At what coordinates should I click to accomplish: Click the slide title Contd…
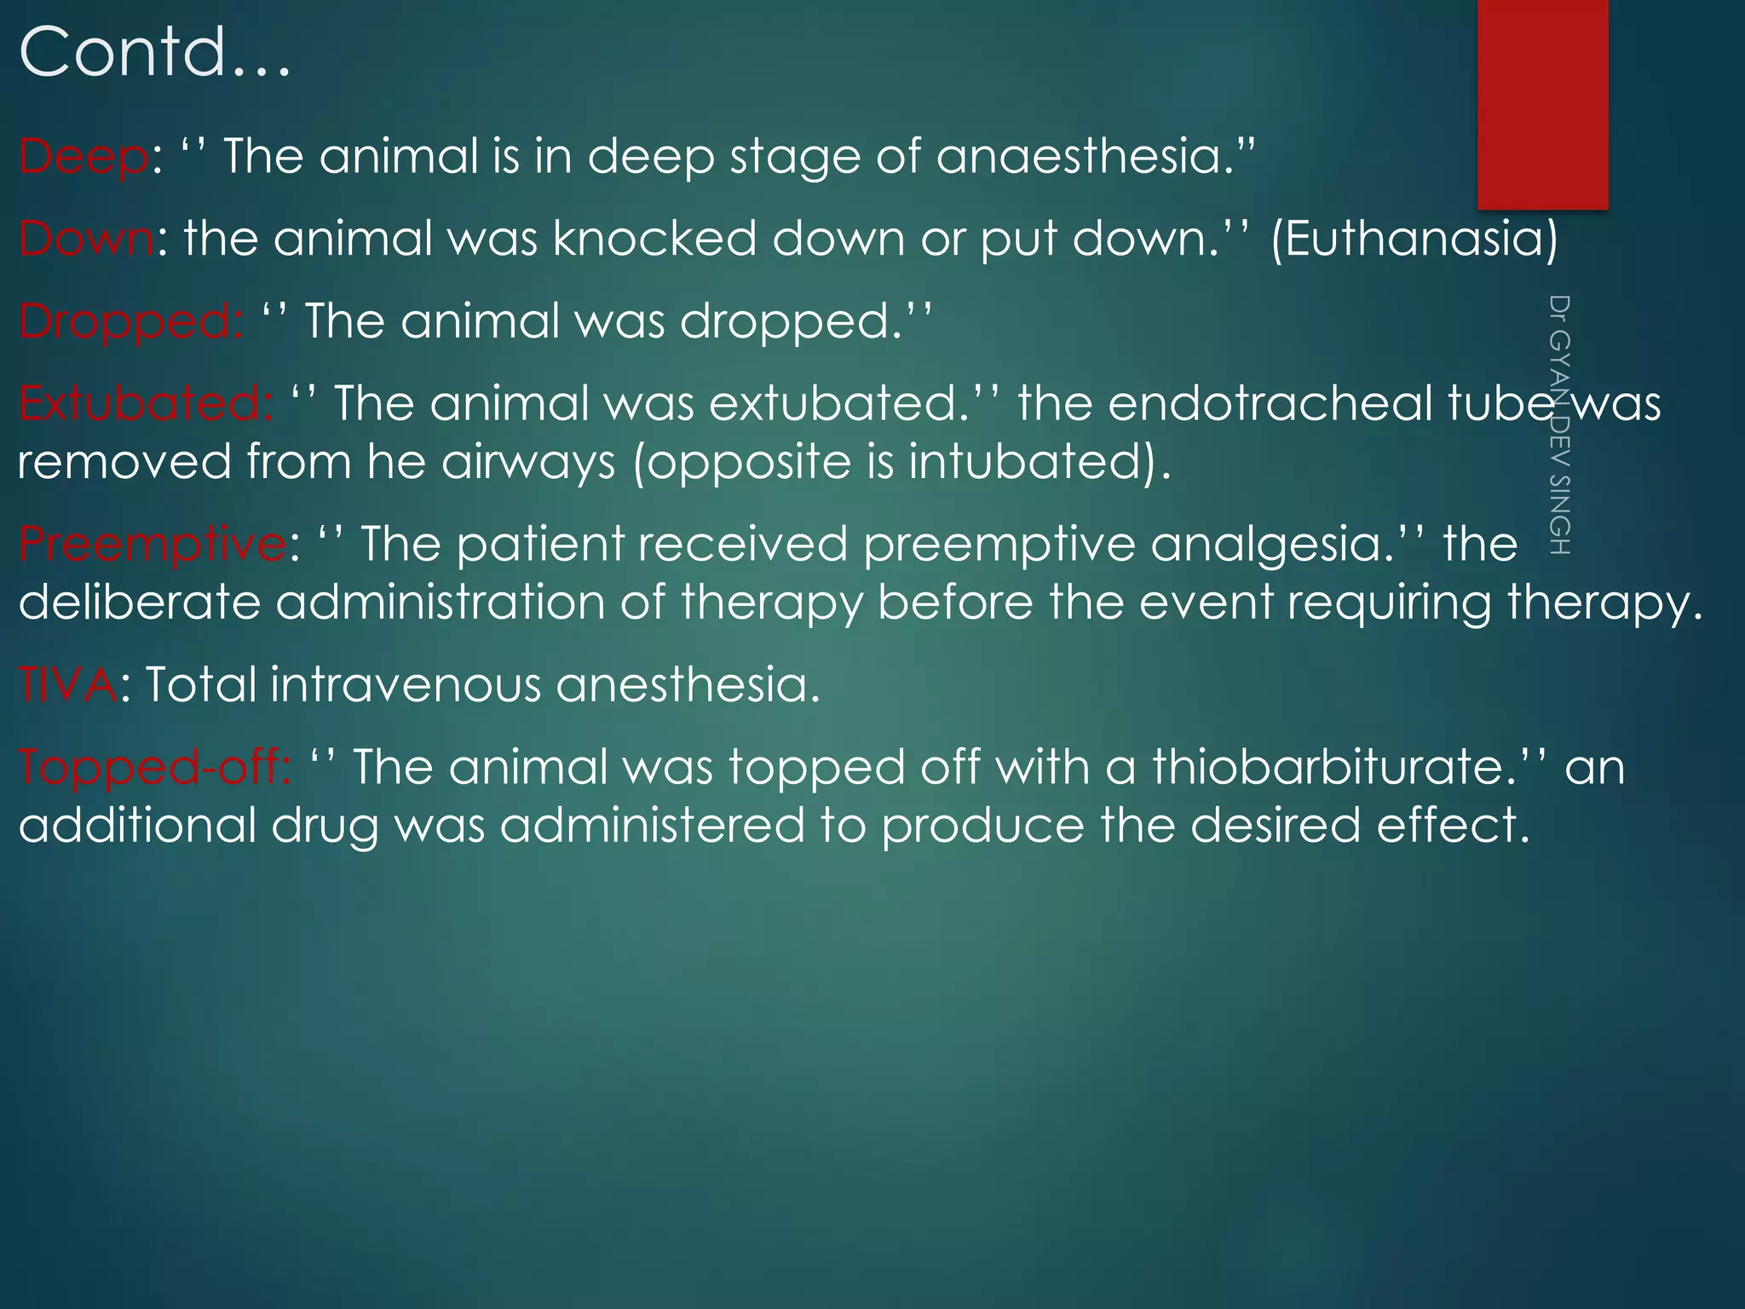point(154,53)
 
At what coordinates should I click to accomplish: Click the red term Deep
point(84,158)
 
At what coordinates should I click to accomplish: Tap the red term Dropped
point(130,322)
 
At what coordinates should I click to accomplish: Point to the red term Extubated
point(145,404)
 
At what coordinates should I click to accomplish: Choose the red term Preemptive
point(153,545)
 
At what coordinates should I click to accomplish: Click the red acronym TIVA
point(68,684)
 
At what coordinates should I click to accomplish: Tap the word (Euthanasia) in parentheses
point(1414,239)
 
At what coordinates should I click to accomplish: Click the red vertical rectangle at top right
point(1542,104)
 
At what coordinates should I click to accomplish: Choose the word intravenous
point(405,684)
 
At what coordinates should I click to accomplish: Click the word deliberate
point(139,603)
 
